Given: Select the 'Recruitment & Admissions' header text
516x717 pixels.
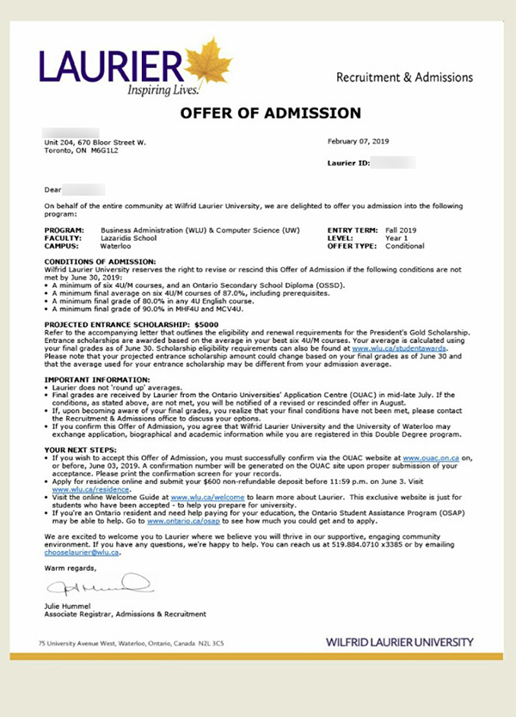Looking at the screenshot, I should pos(404,77).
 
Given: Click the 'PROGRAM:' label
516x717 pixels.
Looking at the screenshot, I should pos(63,231).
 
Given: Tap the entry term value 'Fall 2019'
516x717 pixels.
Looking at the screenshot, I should pos(401,231).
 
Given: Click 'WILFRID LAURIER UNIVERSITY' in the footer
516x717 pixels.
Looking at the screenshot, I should pos(399,642).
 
